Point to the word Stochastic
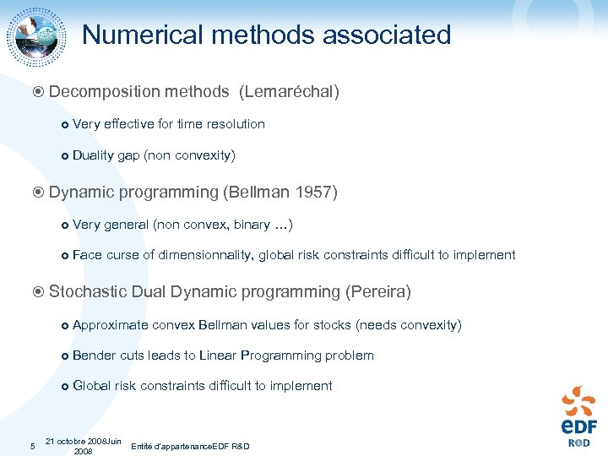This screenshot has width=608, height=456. click(89, 292)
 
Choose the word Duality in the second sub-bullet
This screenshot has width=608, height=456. click(93, 155)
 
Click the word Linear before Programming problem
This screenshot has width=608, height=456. click(218, 356)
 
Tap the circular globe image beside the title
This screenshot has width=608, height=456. click(36, 36)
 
